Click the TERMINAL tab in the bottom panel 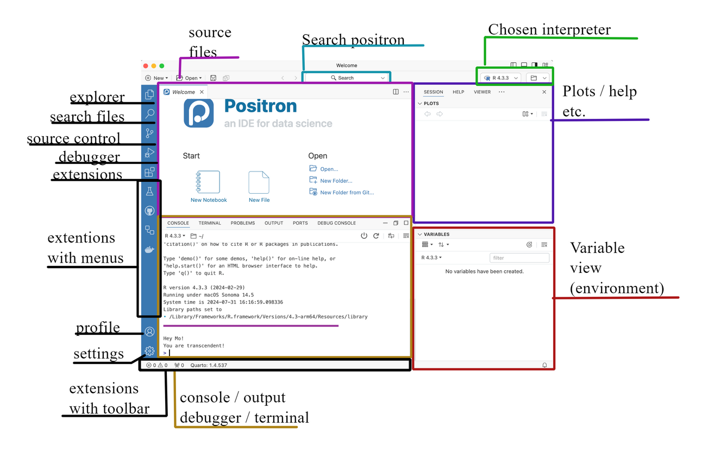[210, 223]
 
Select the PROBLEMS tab [242, 223]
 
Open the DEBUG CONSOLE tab [336, 223]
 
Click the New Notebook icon [208, 183]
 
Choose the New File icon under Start [259, 183]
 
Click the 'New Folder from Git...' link [346, 193]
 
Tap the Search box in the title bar [346, 78]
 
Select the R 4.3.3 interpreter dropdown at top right [501, 78]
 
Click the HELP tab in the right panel [459, 92]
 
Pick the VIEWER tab [482, 92]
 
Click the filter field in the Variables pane [519, 258]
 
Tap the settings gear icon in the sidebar [149, 351]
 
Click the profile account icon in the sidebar [149, 332]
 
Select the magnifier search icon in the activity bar [149, 113]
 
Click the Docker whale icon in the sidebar [149, 250]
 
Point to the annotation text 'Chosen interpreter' [549, 30]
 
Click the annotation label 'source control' [74, 139]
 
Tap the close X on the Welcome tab [202, 92]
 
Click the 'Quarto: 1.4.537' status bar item [209, 365]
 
